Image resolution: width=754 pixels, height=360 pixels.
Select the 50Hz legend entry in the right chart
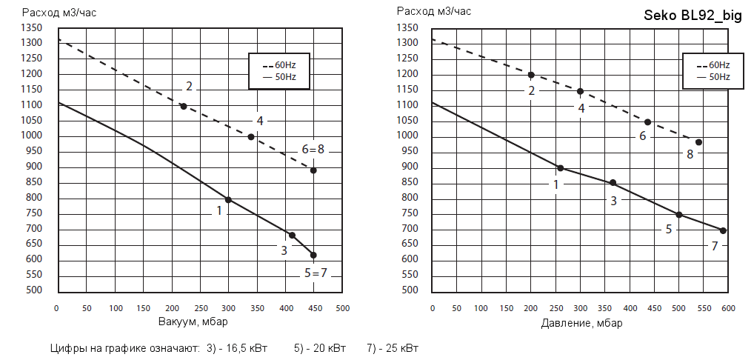(x=713, y=77)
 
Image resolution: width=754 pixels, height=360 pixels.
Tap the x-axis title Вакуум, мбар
(x=193, y=322)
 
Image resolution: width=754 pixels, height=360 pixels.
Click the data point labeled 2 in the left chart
(x=184, y=106)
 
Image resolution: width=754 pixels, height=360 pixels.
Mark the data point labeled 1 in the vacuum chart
(x=228, y=200)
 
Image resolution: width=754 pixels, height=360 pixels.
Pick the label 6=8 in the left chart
(x=311, y=150)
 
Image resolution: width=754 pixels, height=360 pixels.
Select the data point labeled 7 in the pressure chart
(x=723, y=230)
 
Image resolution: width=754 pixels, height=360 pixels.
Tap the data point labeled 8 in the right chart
(x=698, y=142)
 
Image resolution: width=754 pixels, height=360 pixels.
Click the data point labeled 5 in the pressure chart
(x=678, y=215)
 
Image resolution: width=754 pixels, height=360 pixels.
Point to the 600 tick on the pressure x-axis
(x=728, y=307)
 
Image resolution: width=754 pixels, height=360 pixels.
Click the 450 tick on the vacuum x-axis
(x=314, y=307)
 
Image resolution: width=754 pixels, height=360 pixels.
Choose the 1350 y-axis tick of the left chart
(x=32, y=28)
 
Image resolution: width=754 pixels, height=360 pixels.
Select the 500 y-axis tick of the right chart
(x=409, y=290)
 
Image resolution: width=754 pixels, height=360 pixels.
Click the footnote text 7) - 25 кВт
(x=393, y=347)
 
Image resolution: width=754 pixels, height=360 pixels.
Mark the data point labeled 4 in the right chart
(x=580, y=92)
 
